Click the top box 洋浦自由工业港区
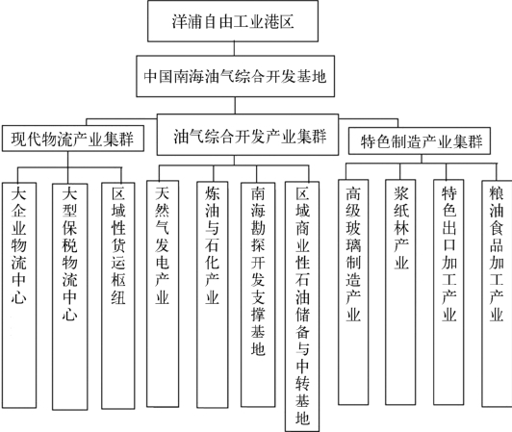pos(233,21)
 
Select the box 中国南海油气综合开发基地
pos(235,76)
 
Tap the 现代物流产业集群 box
pos(73,139)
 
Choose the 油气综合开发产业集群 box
pos(247,135)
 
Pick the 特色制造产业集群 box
pos(420,141)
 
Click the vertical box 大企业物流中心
pos(19,295)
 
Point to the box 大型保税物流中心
pos(70,296)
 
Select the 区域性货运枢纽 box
pos(118,295)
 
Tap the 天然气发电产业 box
pos(163,293)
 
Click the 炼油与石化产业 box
pos(213,294)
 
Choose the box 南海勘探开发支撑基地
pos(258,294)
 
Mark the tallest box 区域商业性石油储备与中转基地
pos(302,306)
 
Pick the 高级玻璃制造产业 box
pos(353,292)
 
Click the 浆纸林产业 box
pos(400,292)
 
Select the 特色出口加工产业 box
pos(448,292)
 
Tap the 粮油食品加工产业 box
pos(497,293)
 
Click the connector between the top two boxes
pos(234,49)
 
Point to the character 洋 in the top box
pos(180,21)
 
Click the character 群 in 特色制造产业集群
pos(474,141)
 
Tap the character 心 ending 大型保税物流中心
pos(70,314)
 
